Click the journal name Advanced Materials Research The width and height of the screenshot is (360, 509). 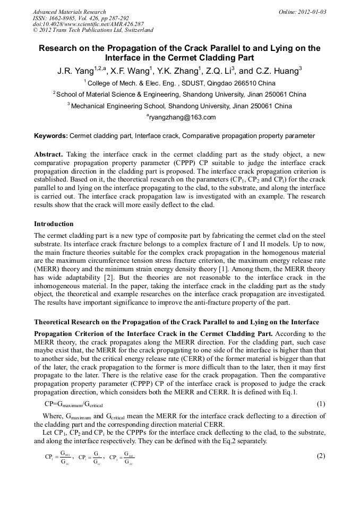(69, 12)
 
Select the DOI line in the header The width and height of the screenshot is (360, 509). (88, 24)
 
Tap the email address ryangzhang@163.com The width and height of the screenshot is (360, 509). (182, 117)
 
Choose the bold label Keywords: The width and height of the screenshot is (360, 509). (50, 136)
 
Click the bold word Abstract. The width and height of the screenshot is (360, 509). (49, 154)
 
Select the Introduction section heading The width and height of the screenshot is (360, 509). (54, 224)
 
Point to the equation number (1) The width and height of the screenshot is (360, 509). (320, 404)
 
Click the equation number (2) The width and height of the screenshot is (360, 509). (320, 456)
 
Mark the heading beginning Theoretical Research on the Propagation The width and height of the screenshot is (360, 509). (176, 322)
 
